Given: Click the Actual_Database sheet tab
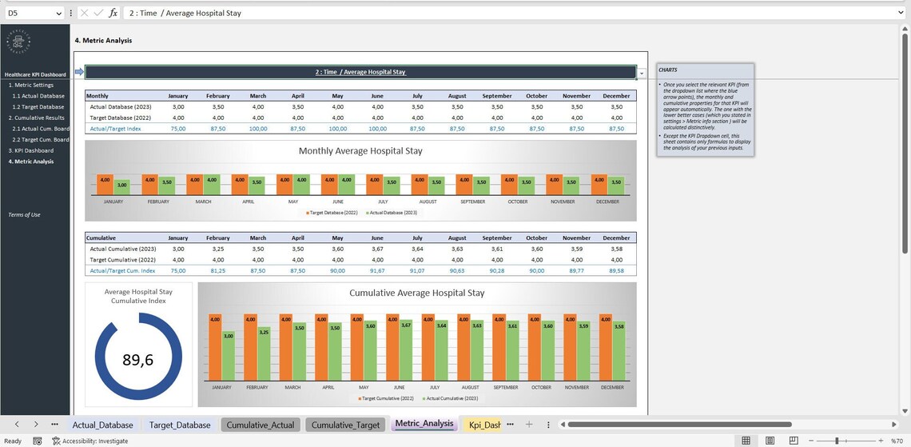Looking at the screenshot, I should [x=102, y=425].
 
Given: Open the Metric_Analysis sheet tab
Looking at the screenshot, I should [x=424, y=424].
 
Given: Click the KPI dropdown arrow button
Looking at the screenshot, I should [x=642, y=73].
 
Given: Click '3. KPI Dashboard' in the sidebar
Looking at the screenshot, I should [x=31, y=150].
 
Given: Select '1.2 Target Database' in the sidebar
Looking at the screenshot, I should [x=38, y=106].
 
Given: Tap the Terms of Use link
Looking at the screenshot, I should [x=24, y=214].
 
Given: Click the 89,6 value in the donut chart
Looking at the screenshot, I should [x=137, y=360].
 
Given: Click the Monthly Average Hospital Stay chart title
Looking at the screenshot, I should [x=360, y=150].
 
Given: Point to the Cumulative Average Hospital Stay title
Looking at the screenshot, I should [x=416, y=293].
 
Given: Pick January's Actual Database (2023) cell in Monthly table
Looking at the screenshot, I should [x=177, y=106].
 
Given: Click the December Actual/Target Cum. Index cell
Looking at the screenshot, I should [x=615, y=271].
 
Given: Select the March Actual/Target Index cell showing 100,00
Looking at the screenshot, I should [x=257, y=128].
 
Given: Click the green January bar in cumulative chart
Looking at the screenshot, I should [x=229, y=356].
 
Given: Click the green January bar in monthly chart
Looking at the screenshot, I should [x=121, y=188].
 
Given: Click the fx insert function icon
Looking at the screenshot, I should [x=113, y=13].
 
